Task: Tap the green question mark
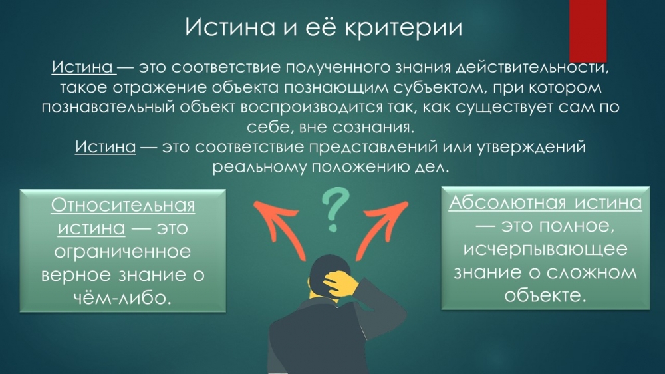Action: point(335,210)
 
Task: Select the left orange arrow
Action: point(280,228)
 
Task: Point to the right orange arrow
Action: point(381,229)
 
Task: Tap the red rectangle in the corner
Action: point(588,31)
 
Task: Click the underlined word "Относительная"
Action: point(123,206)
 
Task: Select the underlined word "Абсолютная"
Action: point(507,202)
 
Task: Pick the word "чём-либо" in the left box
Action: point(123,297)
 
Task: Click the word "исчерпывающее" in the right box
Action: point(545,249)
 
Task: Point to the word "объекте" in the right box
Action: point(545,295)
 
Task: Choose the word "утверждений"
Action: point(531,147)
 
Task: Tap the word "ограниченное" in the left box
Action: point(122,252)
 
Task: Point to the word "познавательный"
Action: point(108,107)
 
